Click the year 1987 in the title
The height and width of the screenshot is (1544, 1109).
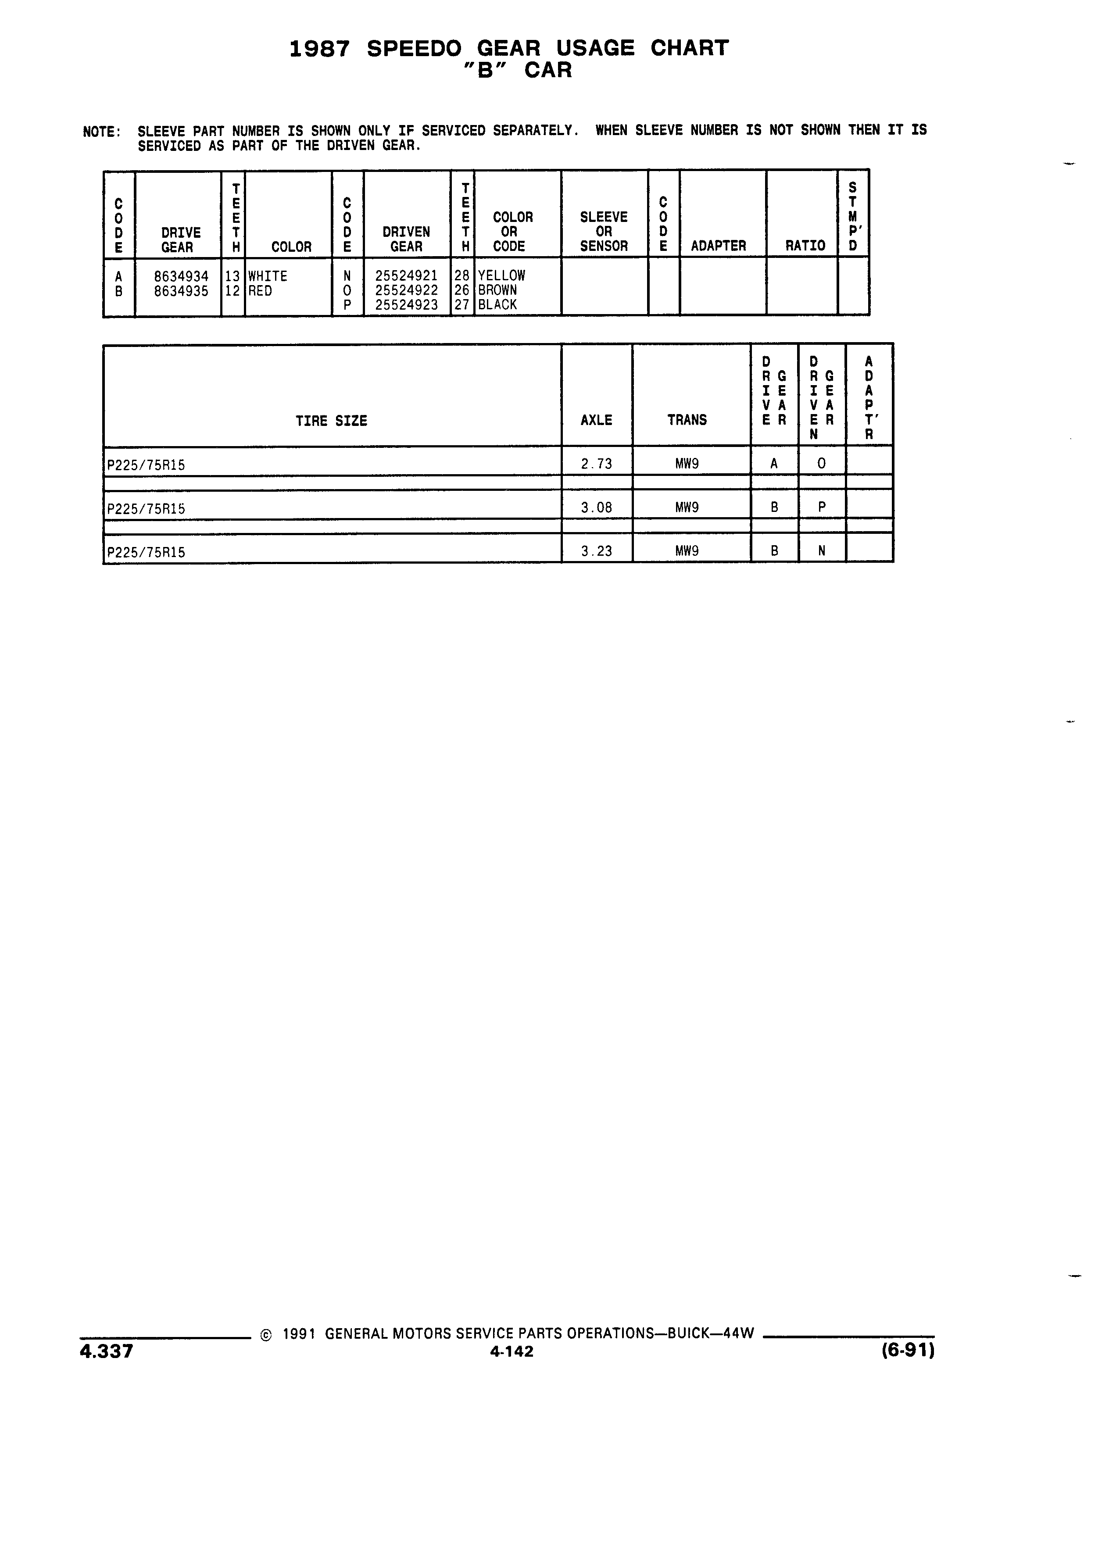(319, 48)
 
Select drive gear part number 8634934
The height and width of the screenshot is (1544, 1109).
(181, 276)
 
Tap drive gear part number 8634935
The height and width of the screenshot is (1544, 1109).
(181, 291)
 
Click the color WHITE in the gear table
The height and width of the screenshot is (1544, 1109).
(268, 276)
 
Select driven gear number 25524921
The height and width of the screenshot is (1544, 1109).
(406, 276)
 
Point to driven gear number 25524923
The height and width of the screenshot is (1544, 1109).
(406, 305)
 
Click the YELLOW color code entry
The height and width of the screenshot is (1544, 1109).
(502, 276)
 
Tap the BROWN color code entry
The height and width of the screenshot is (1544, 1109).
(497, 290)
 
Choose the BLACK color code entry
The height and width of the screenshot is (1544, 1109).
(497, 305)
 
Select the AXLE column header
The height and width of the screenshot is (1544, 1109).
(596, 421)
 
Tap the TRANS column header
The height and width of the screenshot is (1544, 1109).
(687, 420)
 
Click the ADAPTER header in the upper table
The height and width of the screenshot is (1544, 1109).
(718, 246)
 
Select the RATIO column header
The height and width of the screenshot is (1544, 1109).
(805, 246)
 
